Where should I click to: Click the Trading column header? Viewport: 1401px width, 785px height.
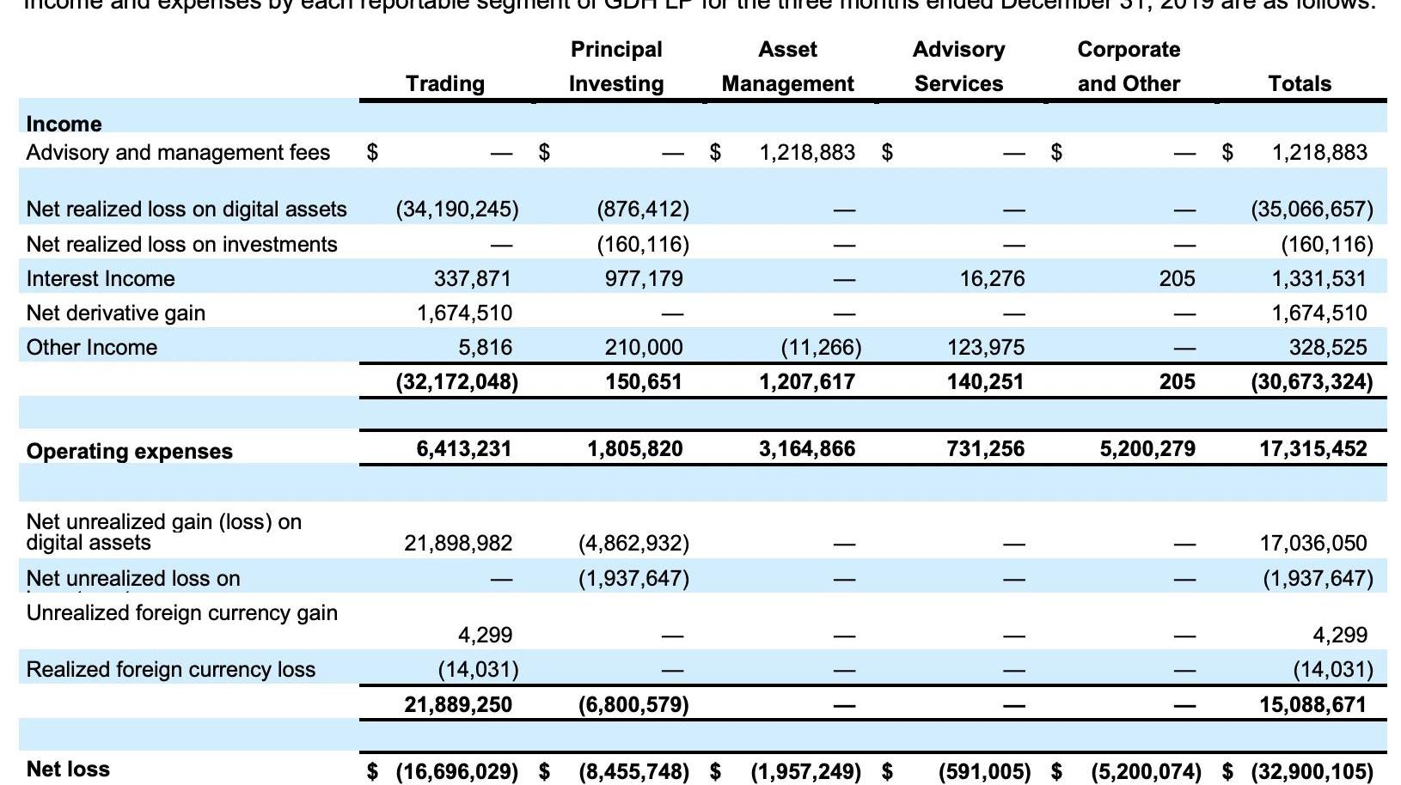tap(444, 83)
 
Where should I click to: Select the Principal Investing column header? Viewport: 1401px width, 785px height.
tap(616, 66)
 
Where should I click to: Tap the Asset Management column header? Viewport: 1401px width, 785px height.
tap(787, 66)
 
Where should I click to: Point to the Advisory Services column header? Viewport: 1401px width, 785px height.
tap(958, 66)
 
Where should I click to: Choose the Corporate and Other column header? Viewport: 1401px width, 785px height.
tap(1129, 66)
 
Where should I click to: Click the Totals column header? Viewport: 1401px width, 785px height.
tap(1300, 83)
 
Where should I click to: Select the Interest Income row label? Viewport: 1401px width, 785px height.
tap(101, 278)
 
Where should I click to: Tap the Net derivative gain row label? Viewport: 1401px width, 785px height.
tap(116, 313)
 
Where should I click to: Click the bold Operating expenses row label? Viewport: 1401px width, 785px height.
tap(130, 451)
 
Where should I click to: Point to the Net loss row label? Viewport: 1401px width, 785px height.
tap(68, 769)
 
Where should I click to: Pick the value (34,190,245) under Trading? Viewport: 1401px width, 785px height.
tap(457, 209)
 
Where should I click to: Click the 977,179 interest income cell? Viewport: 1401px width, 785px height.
tap(644, 278)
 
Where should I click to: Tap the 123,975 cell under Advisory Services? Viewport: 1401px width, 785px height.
tap(986, 347)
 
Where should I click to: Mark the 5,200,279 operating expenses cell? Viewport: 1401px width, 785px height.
tap(1147, 448)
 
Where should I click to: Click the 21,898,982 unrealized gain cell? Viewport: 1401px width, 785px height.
tap(458, 543)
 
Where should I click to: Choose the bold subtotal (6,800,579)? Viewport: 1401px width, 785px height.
tap(633, 704)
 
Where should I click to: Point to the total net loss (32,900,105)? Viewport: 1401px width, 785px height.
tap(1312, 770)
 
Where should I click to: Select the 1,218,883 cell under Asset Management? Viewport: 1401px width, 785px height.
tap(807, 152)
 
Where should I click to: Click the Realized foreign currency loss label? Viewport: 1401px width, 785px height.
tap(171, 669)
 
